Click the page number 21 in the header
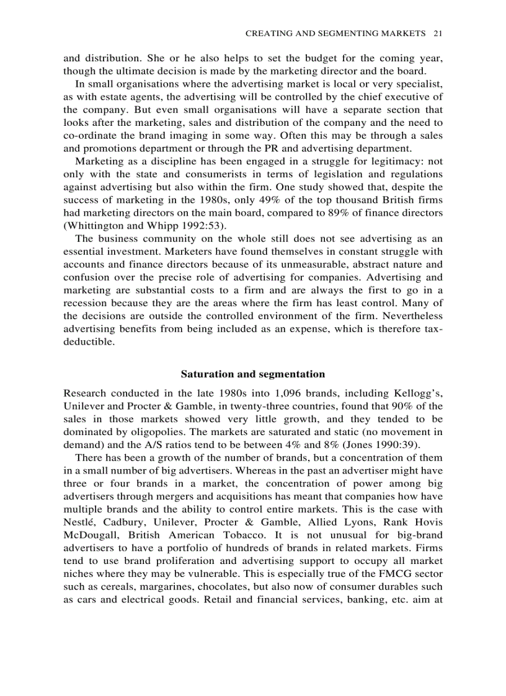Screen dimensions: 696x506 tap(437, 33)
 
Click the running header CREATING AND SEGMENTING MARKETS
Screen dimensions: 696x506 tap(335, 33)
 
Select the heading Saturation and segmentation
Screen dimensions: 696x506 tap(252, 374)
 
